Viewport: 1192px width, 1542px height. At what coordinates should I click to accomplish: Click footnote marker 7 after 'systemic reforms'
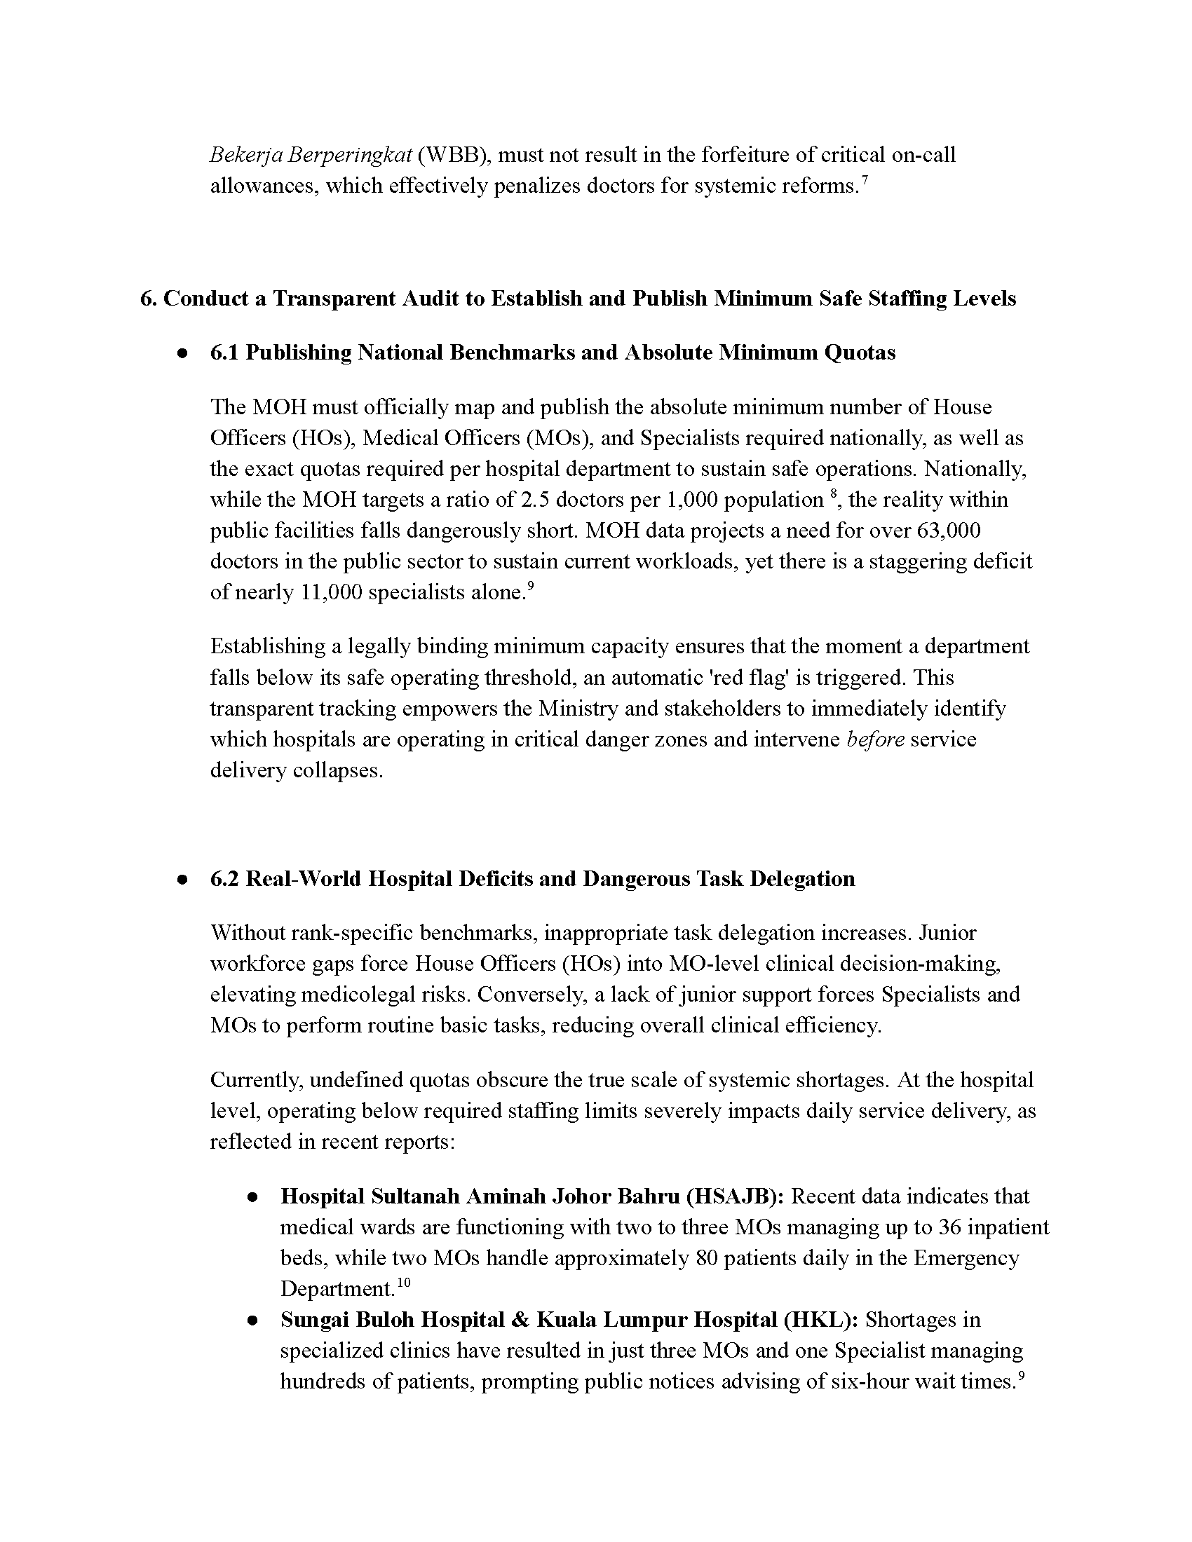(x=865, y=182)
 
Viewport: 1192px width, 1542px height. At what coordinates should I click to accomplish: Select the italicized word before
(x=875, y=739)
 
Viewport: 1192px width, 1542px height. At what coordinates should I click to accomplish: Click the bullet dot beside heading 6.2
(x=182, y=880)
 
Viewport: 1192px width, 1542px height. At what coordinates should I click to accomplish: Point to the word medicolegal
(x=360, y=994)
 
